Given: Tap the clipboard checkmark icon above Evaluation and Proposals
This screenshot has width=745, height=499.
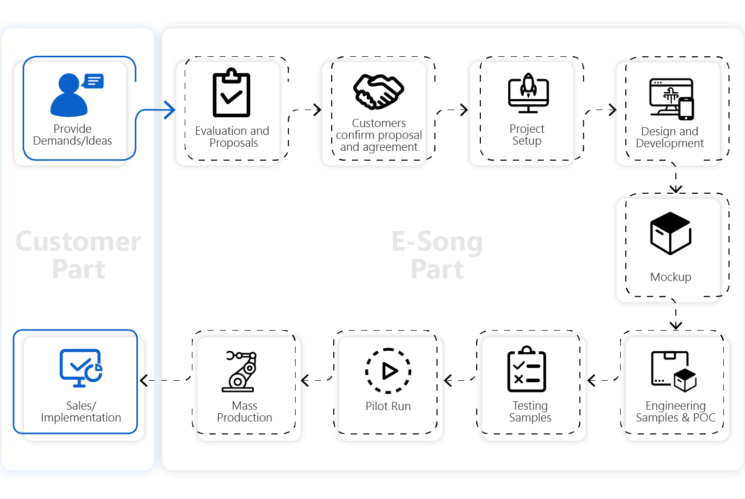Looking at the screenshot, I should [x=232, y=93].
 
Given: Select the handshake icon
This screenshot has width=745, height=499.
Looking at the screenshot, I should [x=379, y=91].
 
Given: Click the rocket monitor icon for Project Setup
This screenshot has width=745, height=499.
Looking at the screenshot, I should [x=528, y=93].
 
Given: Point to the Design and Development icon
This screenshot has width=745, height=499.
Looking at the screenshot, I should [x=671, y=99].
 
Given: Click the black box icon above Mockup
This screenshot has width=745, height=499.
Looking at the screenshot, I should [x=671, y=233].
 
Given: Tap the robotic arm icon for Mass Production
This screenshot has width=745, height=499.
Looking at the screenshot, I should [x=240, y=371].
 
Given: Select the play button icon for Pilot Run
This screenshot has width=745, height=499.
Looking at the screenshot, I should [x=388, y=371].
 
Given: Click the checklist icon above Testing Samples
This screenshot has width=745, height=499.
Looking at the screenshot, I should [x=527, y=370].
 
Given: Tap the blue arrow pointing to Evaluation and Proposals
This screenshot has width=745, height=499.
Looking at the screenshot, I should [x=169, y=110].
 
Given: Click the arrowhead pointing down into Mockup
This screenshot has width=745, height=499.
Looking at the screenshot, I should [x=676, y=189].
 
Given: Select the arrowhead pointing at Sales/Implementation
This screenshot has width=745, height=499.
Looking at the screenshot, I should [x=144, y=381].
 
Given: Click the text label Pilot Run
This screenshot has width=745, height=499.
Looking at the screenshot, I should [x=388, y=407].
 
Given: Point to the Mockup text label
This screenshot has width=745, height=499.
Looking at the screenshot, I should [x=671, y=277].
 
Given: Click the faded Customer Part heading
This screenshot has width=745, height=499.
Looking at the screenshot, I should [x=78, y=255].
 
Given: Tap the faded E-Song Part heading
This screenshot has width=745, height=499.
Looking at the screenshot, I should [x=437, y=255].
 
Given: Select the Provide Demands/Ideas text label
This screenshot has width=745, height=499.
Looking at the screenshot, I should [x=72, y=135].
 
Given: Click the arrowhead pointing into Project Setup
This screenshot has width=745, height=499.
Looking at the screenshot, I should [x=464, y=110].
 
